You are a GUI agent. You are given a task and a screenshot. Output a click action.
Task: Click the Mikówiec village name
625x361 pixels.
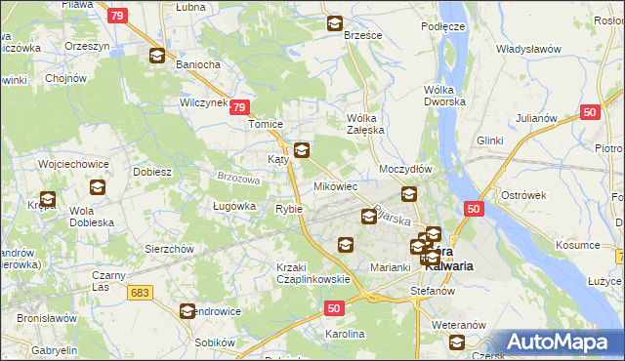tap(335, 185)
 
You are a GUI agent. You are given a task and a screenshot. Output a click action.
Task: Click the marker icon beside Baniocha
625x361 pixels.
tap(157, 56)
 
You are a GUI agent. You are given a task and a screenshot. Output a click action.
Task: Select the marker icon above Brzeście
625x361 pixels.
tap(335, 23)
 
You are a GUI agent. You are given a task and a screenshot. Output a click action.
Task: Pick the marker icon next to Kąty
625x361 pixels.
tap(302, 150)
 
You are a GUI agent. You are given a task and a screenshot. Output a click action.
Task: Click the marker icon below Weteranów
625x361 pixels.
tap(456, 341)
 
